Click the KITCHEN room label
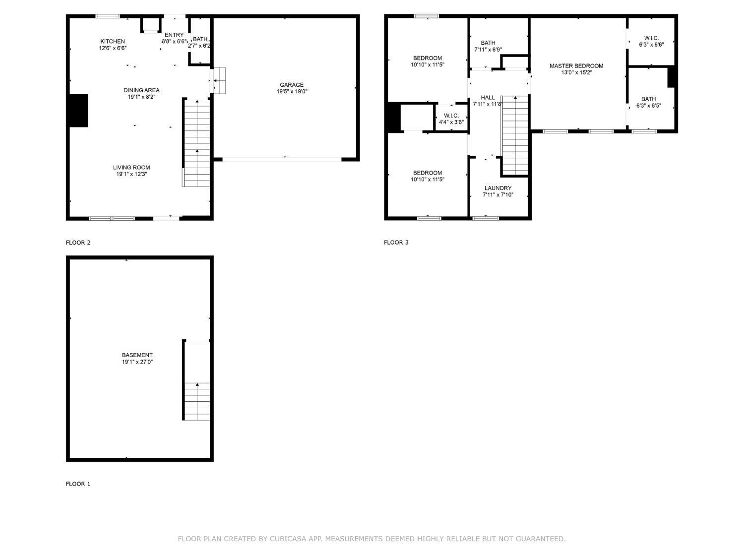[113, 41]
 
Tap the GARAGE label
[292, 85]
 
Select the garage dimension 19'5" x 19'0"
[292, 92]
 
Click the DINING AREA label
[141, 90]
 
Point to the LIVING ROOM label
[131, 168]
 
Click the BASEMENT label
[137, 355]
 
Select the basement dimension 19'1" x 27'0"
[137, 362]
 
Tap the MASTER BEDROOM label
[576, 66]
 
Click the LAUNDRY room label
[498, 188]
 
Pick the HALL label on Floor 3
[488, 98]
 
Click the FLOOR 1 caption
[78, 484]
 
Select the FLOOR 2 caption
[78, 243]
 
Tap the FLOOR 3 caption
[396, 243]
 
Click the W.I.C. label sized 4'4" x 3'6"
[451, 116]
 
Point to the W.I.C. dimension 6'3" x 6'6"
[651, 45]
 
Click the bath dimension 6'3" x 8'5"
[649, 106]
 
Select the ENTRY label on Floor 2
[174, 35]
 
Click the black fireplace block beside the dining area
[78, 111]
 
